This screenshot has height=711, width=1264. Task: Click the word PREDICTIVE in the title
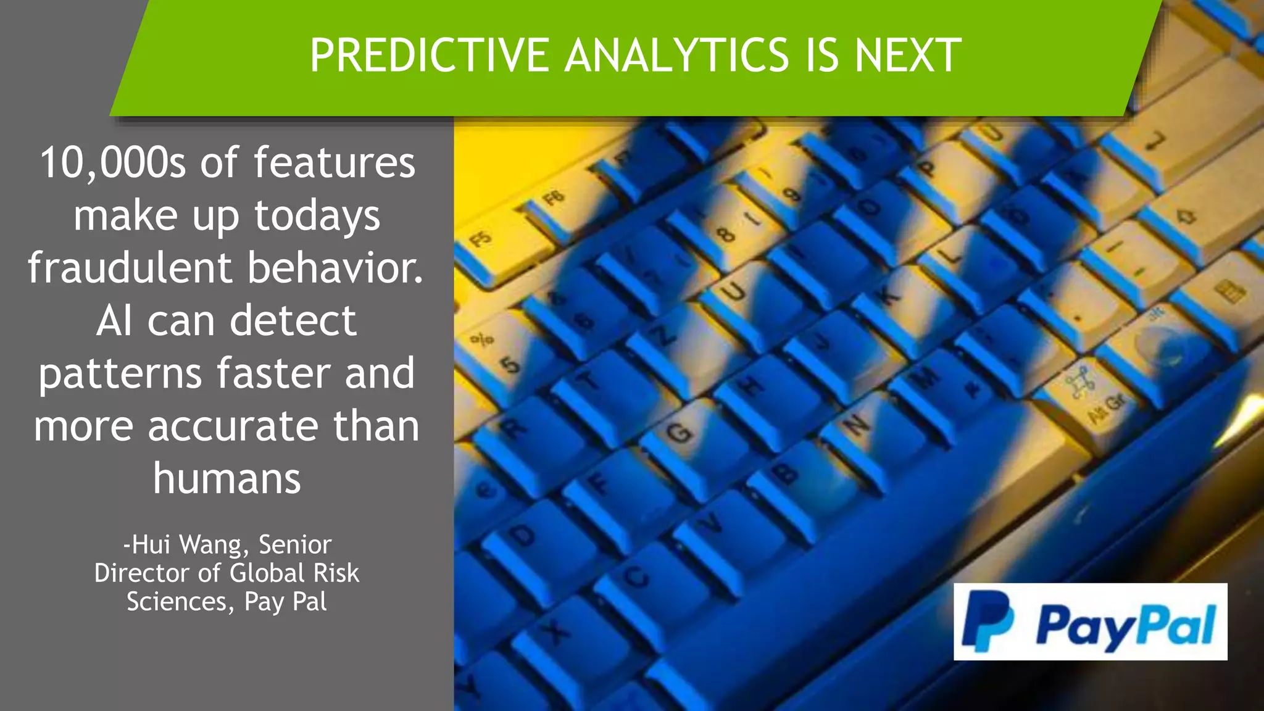pos(430,56)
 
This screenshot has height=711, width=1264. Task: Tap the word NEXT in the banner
pos(908,56)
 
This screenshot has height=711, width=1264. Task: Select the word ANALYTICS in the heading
pos(676,56)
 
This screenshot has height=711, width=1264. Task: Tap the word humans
pos(227,479)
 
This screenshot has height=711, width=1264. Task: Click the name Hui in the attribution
pos(151,545)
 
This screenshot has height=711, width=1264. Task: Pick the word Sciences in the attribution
pos(177,602)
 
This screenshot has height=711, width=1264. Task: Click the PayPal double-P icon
pos(987,621)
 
